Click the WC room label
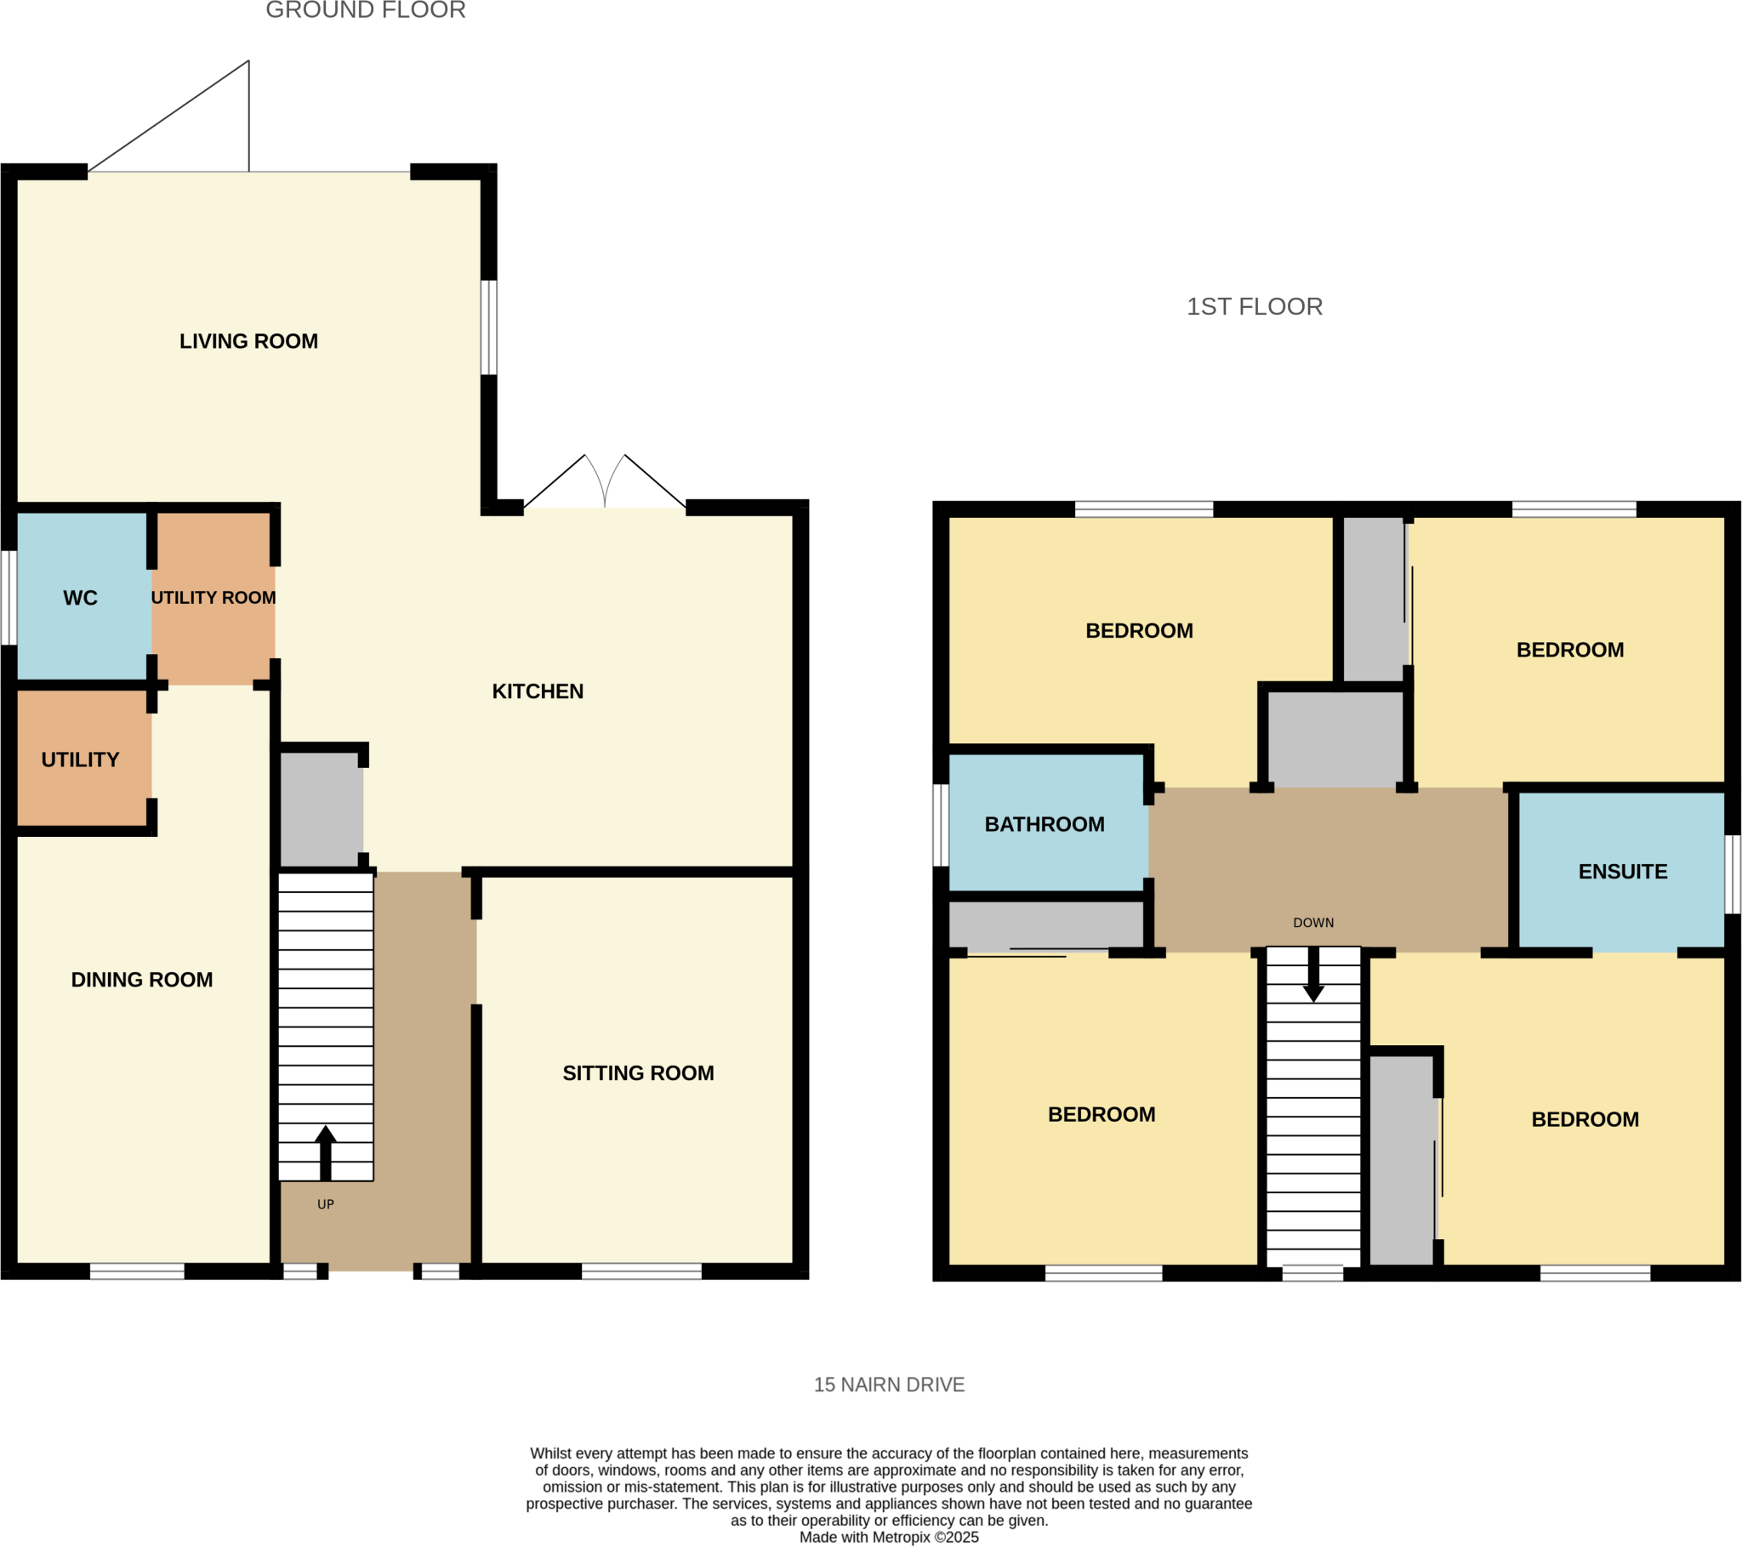pos(80,598)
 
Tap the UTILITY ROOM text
pos(213,598)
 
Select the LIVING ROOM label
pos(248,341)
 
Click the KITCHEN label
pos(537,691)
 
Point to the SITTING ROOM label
pos(637,1073)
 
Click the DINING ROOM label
pos(141,980)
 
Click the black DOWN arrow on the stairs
pos(1312,975)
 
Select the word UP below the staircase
pos(325,1204)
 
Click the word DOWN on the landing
pos(1312,923)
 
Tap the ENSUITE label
pos(1622,871)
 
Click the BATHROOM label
pos(1043,824)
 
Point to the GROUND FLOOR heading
pos(366,10)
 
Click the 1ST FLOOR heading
pos(1254,307)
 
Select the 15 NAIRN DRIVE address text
pos(888,1385)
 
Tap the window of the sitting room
pos(640,1271)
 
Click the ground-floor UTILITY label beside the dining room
pos(80,759)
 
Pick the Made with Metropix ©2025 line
pos(888,1537)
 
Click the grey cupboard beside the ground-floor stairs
pos(321,809)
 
